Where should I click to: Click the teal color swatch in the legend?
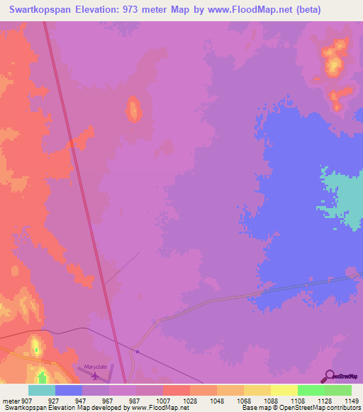(x=42, y=390)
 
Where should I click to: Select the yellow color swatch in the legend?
(x=284, y=390)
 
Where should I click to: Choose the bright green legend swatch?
(x=311, y=390)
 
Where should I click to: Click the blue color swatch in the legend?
(x=69, y=390)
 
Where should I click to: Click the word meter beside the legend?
(x=11, y=400)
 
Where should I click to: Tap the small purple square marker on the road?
(x=137, y=351)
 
